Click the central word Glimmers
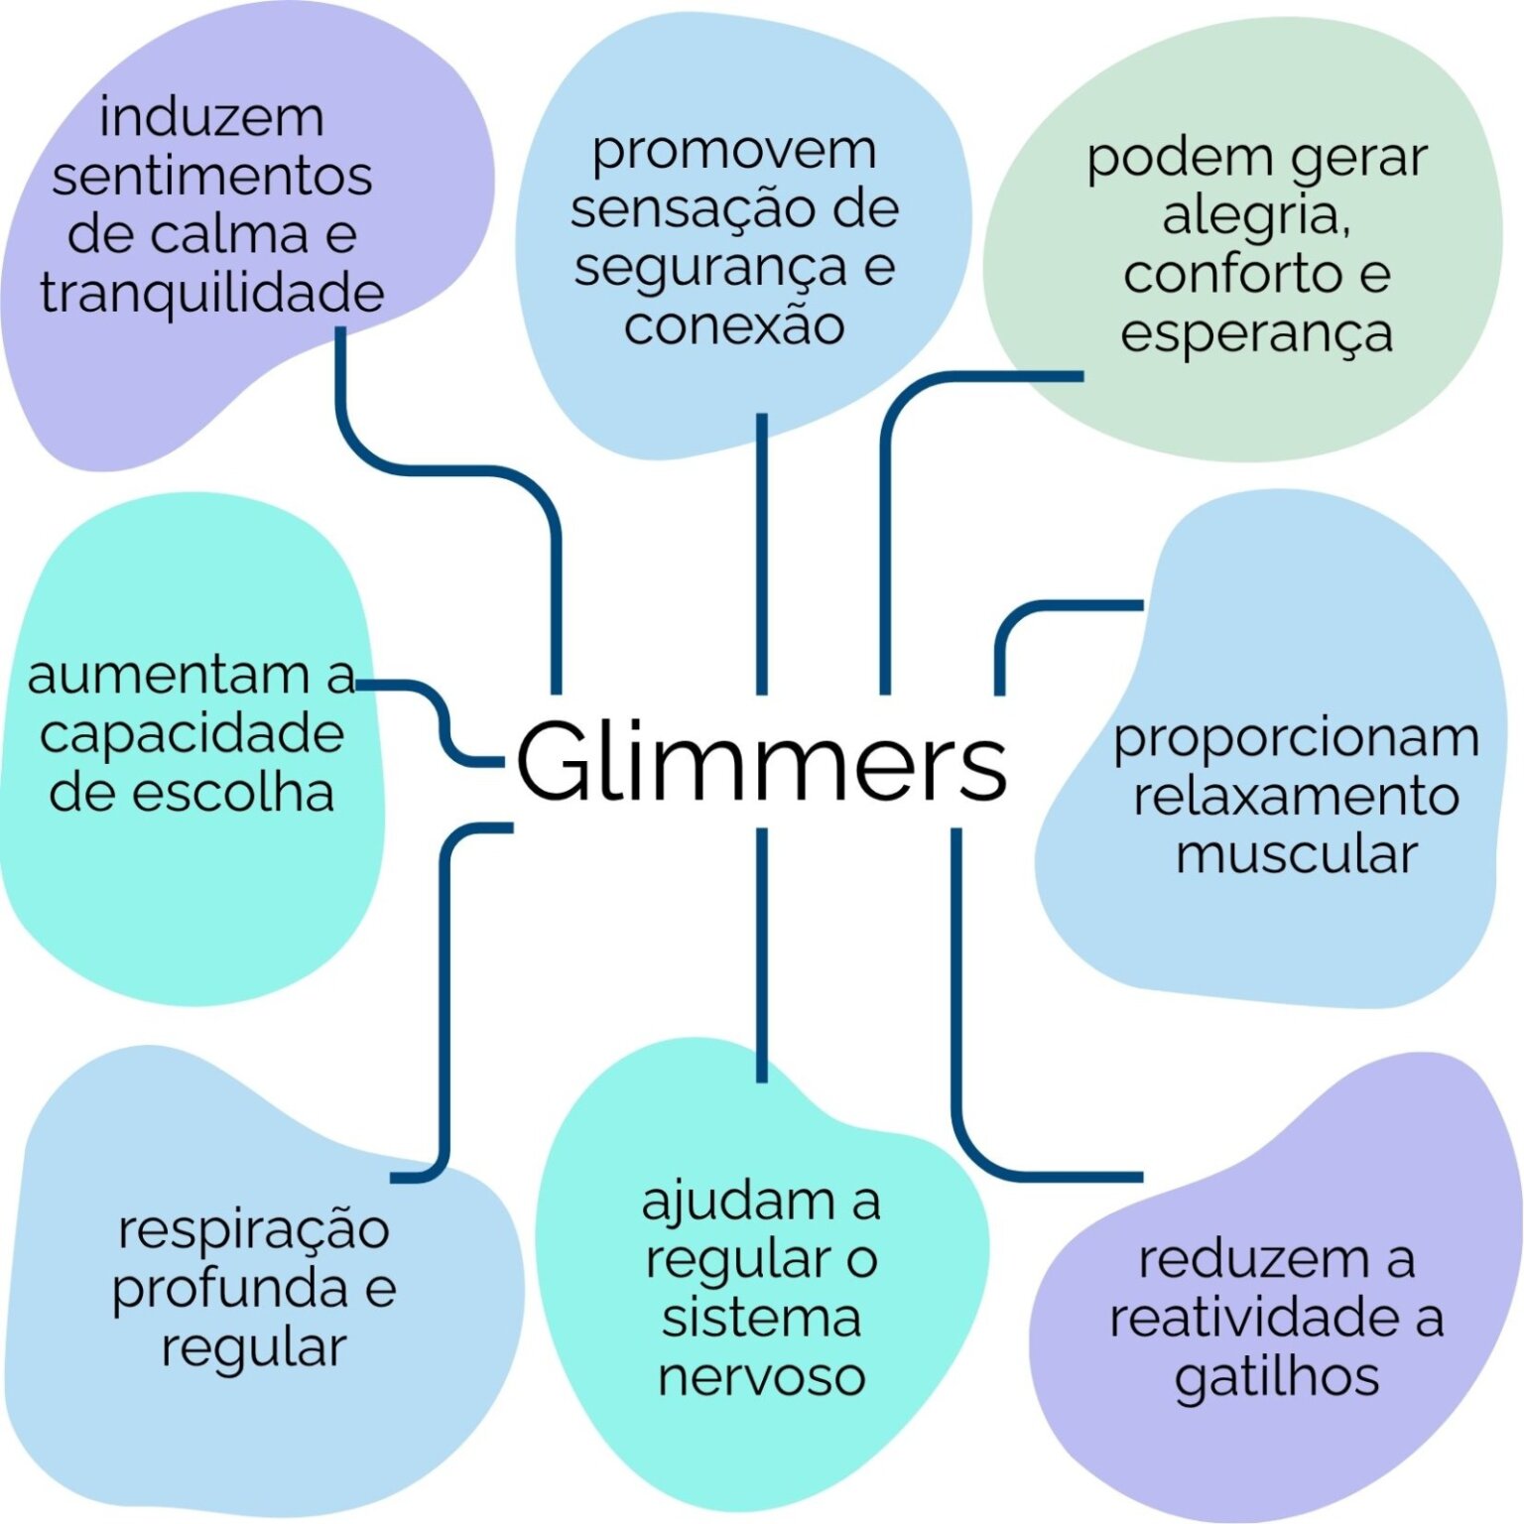761,762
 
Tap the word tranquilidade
212,293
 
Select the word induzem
212,117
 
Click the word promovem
734,151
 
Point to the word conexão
734,325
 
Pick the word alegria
1255,215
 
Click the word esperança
1256,333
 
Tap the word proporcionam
1296,738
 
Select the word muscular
1296,854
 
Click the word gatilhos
1277,1377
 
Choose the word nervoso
761,1377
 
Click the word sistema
761,1318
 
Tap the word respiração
254,1230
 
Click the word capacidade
191,734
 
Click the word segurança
710,268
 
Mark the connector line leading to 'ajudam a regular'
761,952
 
